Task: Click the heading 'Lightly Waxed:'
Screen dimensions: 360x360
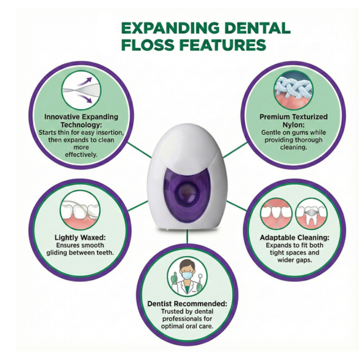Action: coord(80,238)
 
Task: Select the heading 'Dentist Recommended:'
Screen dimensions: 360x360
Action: coord(187,303)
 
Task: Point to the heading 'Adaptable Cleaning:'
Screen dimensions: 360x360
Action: coord(295,238)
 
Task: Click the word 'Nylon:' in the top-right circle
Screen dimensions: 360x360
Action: coord(294,124)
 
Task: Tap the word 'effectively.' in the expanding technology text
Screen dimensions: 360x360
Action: coord(81,154)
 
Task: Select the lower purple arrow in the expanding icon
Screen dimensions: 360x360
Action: coord(85,99)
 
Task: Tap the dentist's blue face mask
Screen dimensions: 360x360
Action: coord(187,275)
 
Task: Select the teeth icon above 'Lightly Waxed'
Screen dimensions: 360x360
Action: coord(80,211)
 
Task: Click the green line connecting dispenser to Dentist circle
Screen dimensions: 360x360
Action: coord(187,237)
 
